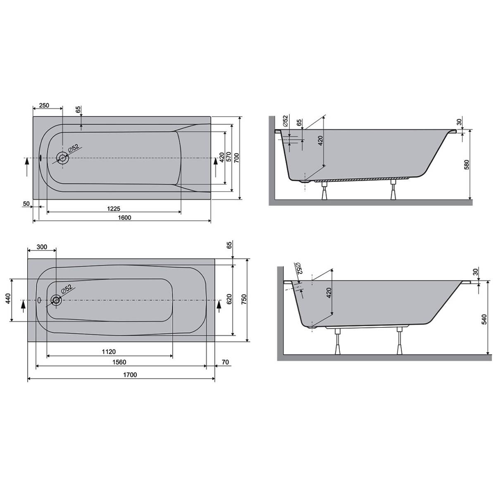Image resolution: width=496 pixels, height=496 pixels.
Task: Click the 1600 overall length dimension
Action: pos(124,217)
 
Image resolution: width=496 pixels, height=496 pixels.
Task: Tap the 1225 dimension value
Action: pos(114,208)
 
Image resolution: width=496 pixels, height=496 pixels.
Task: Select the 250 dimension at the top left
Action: pos(44,105)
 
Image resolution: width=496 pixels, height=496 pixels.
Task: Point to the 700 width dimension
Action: pos(237,158)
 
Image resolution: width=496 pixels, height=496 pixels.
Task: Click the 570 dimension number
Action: pos(228,158)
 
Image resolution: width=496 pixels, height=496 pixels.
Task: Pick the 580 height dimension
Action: pos(466,165)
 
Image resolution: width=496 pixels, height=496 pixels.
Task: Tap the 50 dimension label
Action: pos(26,204)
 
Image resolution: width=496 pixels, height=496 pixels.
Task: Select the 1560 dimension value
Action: pos(119,362)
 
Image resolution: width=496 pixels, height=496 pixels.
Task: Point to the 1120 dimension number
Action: pos(109,351)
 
